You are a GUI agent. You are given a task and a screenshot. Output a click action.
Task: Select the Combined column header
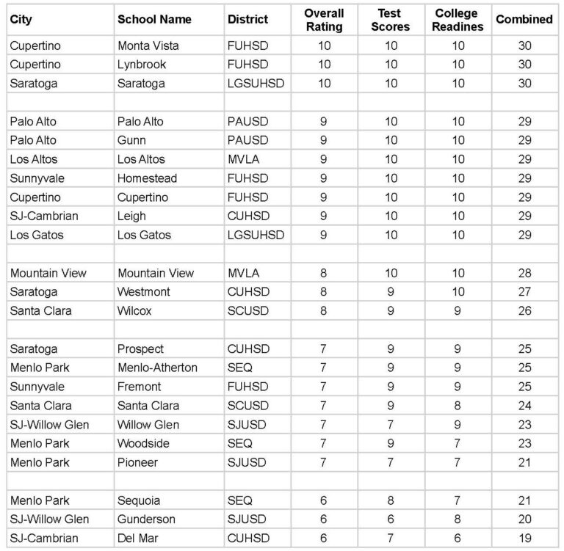point(524,19)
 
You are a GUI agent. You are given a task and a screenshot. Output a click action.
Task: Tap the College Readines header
point(459,20)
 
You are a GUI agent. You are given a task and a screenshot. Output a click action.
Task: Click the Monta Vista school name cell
point(148,45)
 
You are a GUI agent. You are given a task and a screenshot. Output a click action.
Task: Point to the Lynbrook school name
point(141,65)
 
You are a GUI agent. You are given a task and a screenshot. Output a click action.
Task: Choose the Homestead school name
point(147,178)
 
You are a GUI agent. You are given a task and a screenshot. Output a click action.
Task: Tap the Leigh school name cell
point(131,216)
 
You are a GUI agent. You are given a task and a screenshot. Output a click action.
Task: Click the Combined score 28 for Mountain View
point(524,273)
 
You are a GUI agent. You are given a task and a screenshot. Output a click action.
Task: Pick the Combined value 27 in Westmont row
point(524,292)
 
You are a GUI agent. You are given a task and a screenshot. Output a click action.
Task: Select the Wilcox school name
point(135,310)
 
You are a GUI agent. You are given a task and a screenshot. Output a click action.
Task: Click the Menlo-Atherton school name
point(157,368)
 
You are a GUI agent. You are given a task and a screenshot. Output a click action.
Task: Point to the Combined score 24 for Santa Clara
point(524,406)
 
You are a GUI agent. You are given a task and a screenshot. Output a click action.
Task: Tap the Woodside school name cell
point(144,443)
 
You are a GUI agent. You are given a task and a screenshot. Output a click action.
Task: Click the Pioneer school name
point(137,462)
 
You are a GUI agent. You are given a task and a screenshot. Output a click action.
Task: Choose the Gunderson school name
point(146,519)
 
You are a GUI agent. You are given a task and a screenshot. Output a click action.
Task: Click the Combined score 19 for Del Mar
point(524,538)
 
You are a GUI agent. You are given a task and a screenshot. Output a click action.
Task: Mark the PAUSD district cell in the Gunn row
point(246,140)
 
